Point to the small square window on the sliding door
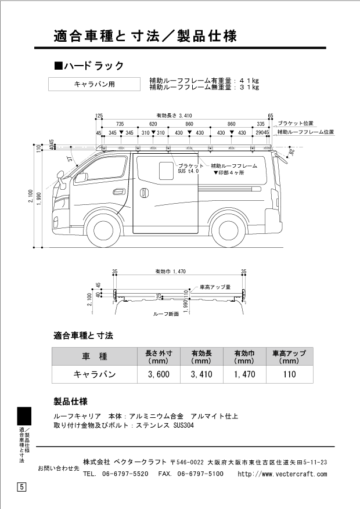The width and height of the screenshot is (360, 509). coord(166,171)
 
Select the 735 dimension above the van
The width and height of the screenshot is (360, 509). coord(120,124)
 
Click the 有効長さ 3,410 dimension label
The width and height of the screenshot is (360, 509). coord(174,115)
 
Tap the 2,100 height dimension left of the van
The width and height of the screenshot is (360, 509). coord(31,197)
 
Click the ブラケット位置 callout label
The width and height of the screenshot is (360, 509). coord(296,124)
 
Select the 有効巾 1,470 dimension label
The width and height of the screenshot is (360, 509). coord(171,272)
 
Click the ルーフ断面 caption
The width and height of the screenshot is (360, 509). coord(166,314)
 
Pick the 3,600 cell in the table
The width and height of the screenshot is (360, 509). coord(159,374)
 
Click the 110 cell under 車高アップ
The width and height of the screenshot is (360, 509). coord(290,374)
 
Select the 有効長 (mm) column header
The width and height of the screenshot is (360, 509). coord(201,357)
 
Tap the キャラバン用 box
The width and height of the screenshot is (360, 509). coord(95,84)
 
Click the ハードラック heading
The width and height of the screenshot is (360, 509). coord(89,66)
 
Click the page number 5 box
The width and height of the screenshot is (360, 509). coord(21,487)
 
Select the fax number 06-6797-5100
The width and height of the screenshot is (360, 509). coord(200,474)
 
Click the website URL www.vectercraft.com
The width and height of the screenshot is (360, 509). coord(282,474)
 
